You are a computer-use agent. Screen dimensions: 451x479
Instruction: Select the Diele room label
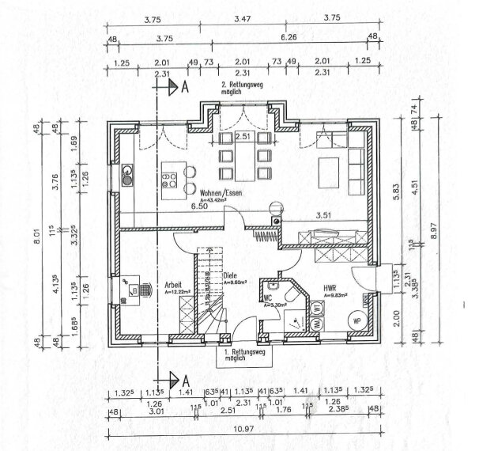coord(232,276)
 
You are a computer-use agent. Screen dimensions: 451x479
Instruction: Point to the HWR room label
coord(330,288)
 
